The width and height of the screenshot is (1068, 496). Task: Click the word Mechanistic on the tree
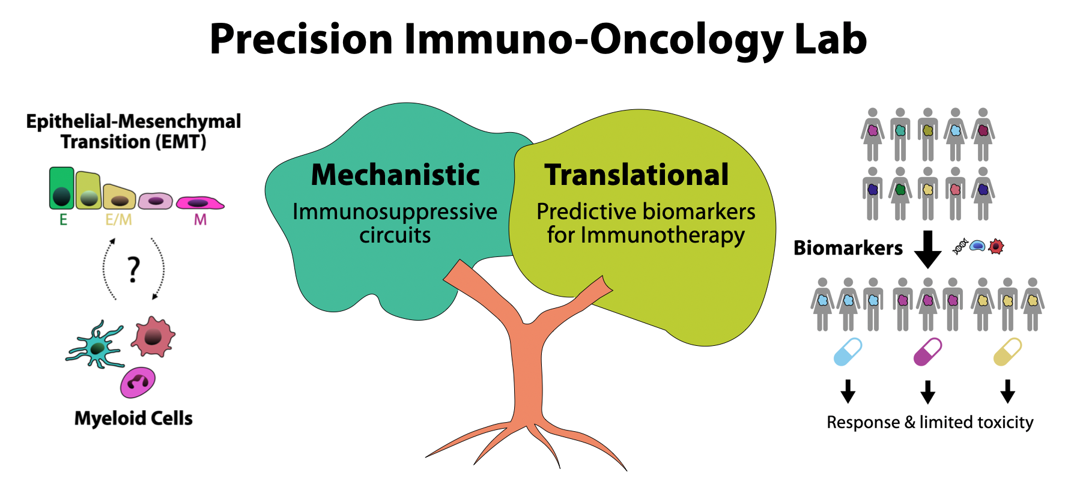(x=395, y=175)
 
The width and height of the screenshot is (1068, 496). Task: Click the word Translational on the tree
(x=637, y=175)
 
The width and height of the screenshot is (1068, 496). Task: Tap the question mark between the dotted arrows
(x=134, y=270)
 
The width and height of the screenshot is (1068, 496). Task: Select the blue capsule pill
(x=848, y=351)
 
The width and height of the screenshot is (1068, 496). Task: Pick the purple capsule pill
(x=927, y=351)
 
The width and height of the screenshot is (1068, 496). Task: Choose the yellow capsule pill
(x=1008, y=351)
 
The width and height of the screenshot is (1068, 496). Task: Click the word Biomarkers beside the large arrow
(x=848, y=248)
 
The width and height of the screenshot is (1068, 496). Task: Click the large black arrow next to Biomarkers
(x=928, y=249)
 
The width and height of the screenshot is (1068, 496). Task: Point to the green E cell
(x=61, y=188)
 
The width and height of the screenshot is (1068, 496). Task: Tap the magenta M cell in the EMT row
(x=200, y=202)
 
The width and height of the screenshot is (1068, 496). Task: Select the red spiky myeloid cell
(x=153, y=336)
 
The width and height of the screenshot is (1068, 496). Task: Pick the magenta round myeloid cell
(x=138, y=383)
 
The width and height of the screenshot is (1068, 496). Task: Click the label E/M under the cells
(x=118, y=220)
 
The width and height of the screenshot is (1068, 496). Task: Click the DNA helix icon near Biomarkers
(x=960, y=246)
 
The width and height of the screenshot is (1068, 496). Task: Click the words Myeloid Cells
(x=133, y=418)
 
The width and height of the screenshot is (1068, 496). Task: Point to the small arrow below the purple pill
(x=927, y=392)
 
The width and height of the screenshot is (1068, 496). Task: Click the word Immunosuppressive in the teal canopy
(x=395, y=211)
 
